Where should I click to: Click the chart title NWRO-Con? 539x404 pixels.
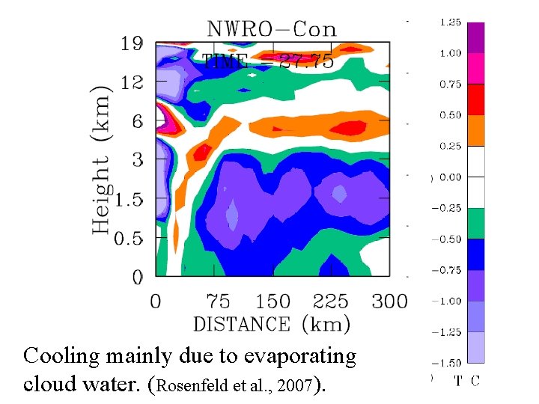pos(271,29)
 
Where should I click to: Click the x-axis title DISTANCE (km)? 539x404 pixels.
pos(271,324)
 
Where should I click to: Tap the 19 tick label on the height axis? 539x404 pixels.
pos(132,43)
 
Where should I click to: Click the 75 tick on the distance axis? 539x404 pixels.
pos(218,302)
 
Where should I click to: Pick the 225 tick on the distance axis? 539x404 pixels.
pos(330,302)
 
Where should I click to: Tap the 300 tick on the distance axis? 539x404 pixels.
pos(390,302)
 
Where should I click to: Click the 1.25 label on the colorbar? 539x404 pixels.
pos(449,22)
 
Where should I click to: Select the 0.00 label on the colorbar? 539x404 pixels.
pos(449,177)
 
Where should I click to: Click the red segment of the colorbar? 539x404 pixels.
pos(475,100)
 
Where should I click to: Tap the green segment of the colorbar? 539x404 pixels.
pos(475,224)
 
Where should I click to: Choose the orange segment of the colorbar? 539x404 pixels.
pos(475,131)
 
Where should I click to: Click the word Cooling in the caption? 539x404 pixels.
pos(61,357)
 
